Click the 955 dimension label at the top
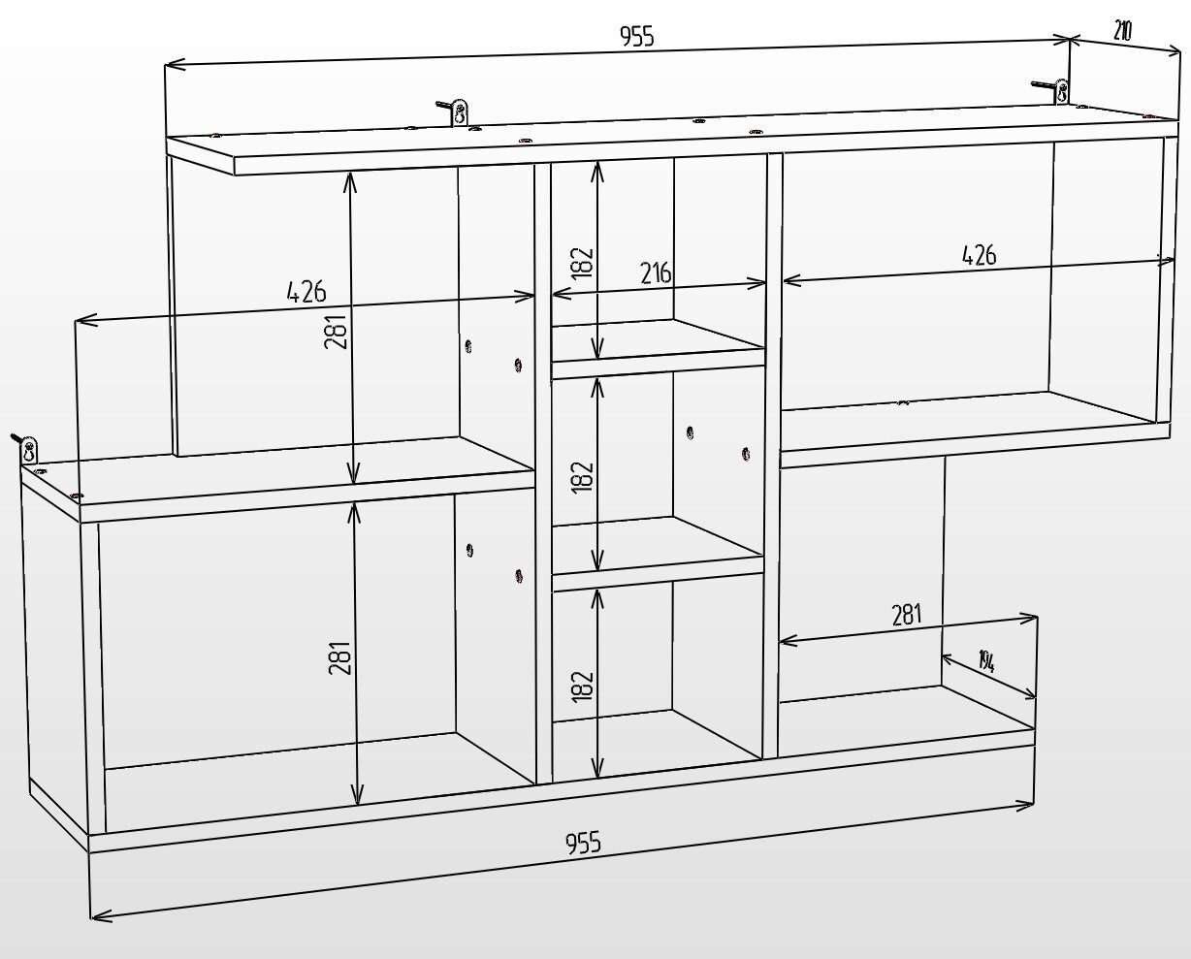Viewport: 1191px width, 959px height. coord(636,37)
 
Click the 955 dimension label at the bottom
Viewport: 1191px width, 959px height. coord(583,843)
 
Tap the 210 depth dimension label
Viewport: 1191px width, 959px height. coord(1122,32)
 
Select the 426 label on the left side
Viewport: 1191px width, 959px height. coord(306,292)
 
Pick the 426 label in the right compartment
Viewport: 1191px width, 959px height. coord(979,255)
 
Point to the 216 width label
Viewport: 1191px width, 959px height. coord(656,272)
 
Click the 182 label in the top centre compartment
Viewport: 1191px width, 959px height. coord(583,263)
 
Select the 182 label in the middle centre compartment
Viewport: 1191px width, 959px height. coord(583,476)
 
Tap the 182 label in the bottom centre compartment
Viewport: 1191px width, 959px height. coord(583,687)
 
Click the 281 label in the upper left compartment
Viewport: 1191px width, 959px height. coord(336,331)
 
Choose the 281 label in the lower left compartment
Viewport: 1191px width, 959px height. coord(339,657)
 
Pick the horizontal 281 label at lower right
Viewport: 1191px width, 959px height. coord(907,615)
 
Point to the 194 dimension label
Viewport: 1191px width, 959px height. coord(986,662)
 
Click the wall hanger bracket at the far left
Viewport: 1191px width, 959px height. coord(25,448)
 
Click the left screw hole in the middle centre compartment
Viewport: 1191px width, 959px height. coord(690,432)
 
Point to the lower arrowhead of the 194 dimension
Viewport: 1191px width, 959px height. coord(1027,694)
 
